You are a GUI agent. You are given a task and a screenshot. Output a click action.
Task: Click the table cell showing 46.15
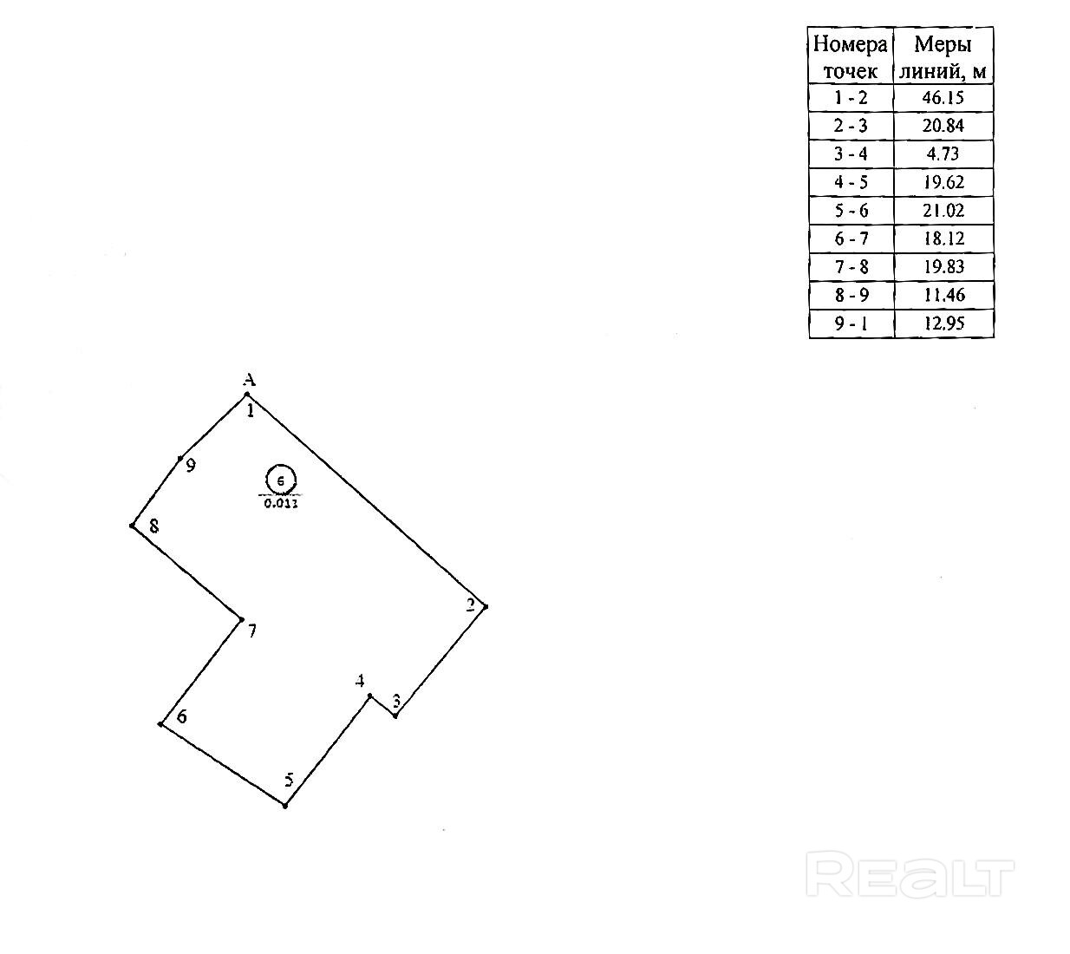coord(943,98)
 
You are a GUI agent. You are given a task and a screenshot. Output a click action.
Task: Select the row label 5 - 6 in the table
coord(851,211)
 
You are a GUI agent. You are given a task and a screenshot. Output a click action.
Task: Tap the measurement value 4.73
coord(943,154)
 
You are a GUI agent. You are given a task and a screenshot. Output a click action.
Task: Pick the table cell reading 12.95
coord(943,323)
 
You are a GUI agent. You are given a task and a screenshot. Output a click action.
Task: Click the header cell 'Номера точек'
coord(851,56)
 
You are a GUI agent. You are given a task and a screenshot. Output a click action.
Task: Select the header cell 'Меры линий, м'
coord(943,56)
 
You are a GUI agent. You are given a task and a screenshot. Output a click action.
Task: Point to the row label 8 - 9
coord(851,295)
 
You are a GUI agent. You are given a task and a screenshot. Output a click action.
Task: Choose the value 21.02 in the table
coord(943,211)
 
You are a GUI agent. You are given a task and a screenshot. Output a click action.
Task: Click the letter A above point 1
coord(249,380)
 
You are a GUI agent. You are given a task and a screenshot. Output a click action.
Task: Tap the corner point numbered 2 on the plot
coord(485,607)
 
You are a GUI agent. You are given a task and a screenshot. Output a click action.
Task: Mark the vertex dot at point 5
coord(284,806)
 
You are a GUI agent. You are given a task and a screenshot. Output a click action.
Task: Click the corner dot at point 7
coord(241,619)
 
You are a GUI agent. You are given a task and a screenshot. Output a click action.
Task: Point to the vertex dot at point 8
coord(132,526)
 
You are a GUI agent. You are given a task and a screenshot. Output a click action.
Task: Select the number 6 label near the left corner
coord(182,716)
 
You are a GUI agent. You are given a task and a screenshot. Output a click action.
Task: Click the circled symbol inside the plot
coord(280,480)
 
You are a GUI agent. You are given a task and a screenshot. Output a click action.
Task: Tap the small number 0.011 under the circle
coord(280,502)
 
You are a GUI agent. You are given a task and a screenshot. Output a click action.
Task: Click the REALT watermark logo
coord(910,873)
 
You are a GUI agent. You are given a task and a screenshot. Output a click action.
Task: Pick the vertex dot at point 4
coord(370,696)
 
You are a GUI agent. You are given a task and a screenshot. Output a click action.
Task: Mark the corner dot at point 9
coord(180,458)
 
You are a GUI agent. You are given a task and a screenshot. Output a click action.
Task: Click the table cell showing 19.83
coord(943,267)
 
